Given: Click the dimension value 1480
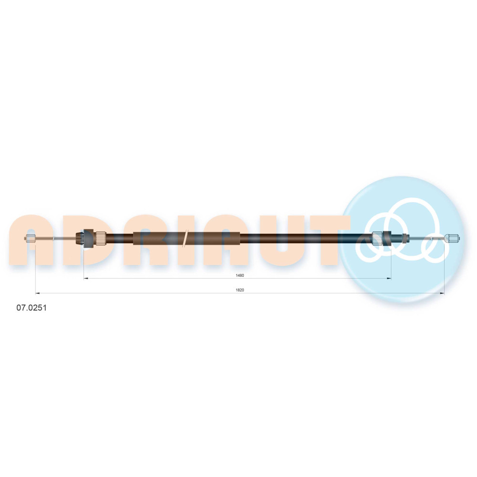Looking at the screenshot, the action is pyautogui.click(x=240, y=275).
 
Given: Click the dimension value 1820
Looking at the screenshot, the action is pyautogui.click(x=240, y=290).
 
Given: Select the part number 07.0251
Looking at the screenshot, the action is pyautogui.click(x=31, y=308).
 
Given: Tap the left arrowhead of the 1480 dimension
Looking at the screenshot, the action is pyautogui.click(x=85, y=278).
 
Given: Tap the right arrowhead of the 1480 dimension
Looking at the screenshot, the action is pyautogui.click(x=389, y=278).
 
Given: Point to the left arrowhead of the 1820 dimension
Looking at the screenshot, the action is pyautogui.click(x=37, y=293).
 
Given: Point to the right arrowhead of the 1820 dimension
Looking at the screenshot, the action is pyautogui.click(x=442, y=293).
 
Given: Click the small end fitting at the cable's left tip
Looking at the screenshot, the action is pyautogui.click(x=31, y=238).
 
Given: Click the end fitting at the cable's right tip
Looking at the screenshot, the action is pyautogui.click(x=452, y=238).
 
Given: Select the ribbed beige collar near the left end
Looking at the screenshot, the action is pyautogui.click(x=101, y=238).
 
